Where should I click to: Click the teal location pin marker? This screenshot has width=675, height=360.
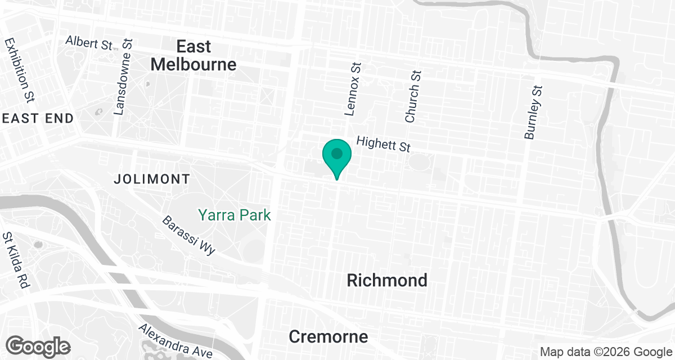[337, 155]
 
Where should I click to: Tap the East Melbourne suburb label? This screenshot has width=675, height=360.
[193, 55]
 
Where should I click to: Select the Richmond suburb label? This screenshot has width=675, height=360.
[387, 280]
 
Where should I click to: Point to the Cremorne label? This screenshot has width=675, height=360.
[328, 336]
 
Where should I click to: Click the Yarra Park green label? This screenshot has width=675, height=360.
[234, 215]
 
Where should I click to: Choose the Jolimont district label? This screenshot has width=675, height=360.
[151, 179]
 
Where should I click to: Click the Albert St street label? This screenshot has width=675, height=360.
[89, 43]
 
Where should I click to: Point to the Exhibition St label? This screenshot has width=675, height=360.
[18, 70]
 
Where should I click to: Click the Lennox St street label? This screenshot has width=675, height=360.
[353, 89]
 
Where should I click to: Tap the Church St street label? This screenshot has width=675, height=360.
[413, 96]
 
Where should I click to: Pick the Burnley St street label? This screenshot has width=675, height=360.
[533, 112]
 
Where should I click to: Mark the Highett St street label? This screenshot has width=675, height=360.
[384, 145]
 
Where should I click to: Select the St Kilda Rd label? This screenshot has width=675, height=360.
[16, 260]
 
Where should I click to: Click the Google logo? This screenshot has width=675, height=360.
[38, 345]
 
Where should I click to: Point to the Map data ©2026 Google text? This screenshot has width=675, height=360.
[605, 352]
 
